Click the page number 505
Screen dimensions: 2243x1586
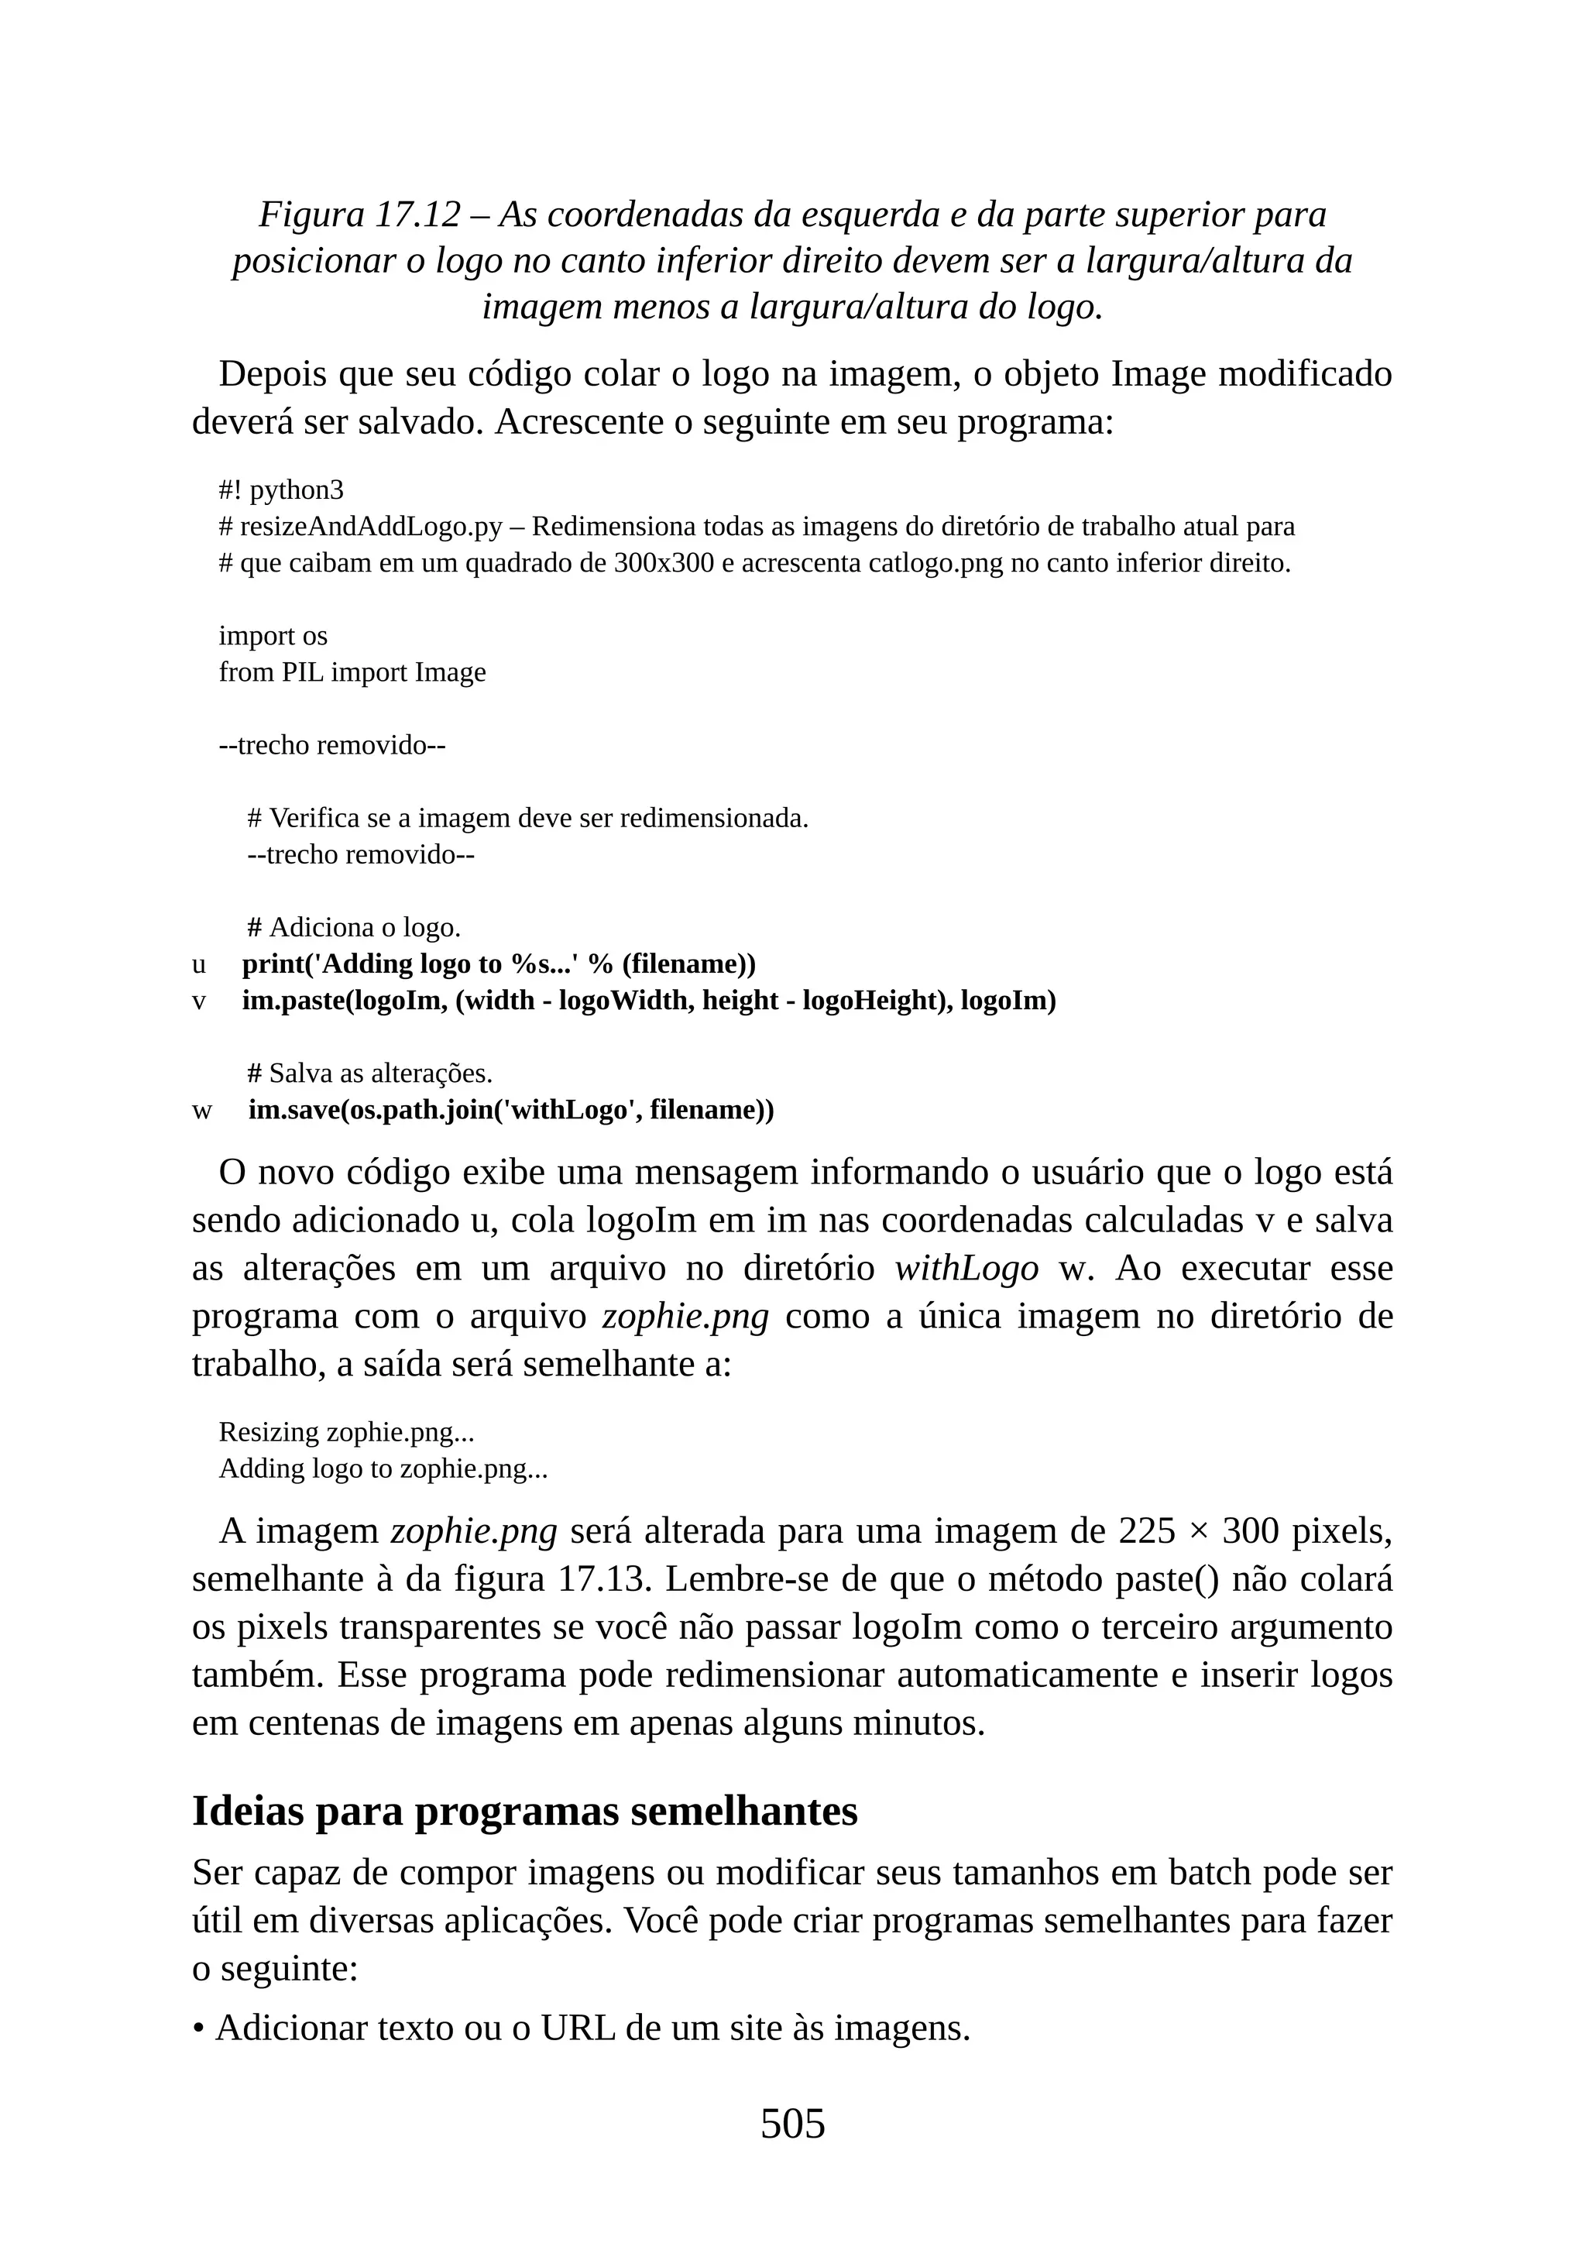tap(792, 2124)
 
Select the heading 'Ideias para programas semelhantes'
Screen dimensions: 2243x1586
tap(524, 1810)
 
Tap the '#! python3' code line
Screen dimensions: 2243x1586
tap(281, 489)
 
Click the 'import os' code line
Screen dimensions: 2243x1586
tap(273, 636)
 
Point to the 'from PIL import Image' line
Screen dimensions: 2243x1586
tap(352, 672)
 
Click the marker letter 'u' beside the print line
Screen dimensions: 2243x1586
tap(199, 965)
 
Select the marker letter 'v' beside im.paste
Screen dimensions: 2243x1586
tap(199, 1001)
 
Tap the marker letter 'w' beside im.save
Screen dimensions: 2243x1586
tap(201, 1111)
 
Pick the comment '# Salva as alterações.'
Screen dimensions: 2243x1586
tap(369, 1073)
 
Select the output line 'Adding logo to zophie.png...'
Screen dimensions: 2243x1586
tap(383, 1468)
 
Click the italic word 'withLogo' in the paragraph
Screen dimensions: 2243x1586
tap(966, 1269)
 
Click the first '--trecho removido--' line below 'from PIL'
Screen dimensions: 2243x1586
tap(332, 745)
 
